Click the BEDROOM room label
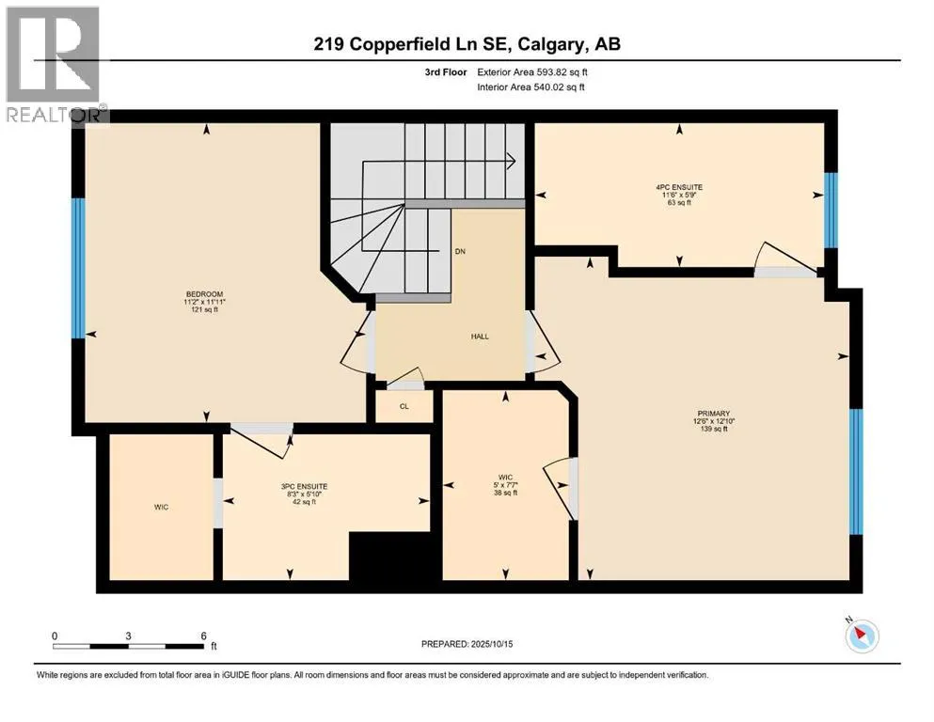point(204,294)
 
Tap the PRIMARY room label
point(714,413)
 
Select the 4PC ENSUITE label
point(679,187)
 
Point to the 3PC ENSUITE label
point(304,486)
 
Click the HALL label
point(480,337)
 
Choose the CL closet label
point(404,406)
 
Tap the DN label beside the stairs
point(460,251)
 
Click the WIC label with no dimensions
point(161,507)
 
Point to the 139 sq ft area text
point(714,429)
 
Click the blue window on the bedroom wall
point(78,269)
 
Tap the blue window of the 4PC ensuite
point(831,210)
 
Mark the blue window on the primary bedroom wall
point(856,471)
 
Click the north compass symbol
point(862,636)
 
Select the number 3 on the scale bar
point(128,636)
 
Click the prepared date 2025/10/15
point(491,644)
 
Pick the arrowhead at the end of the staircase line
point(512,161)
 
